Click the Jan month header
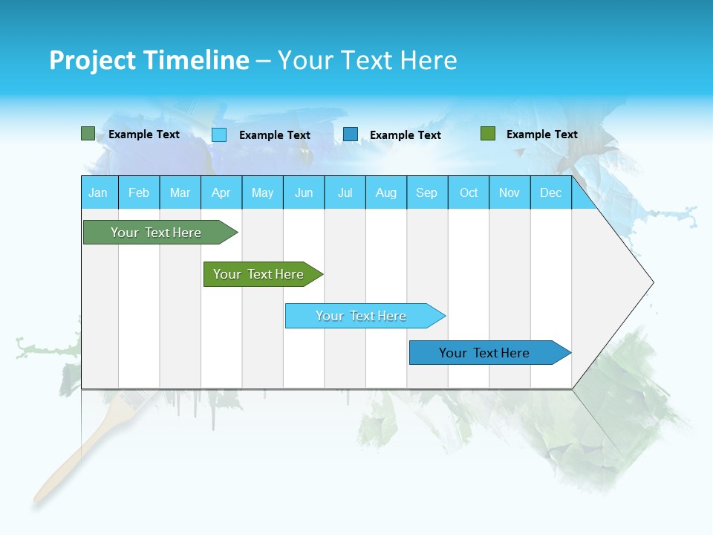[x=99, y=192]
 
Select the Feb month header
[x=139, y=192]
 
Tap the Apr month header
[x=221, y=192]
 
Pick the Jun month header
[x=304, y=192]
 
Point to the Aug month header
[x=386, y=192]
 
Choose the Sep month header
[x=427, y=192]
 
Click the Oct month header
[x=469, y=192]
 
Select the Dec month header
[x=551, y=192]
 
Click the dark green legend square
[x=88, y=134]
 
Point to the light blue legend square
[x=219, y=134]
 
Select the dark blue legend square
[x=351, y=134]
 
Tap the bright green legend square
[x=488, y=134]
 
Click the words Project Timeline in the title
[x=149, y=60]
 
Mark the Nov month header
[x=509, y=192]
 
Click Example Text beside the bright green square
[x=541, y=134]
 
